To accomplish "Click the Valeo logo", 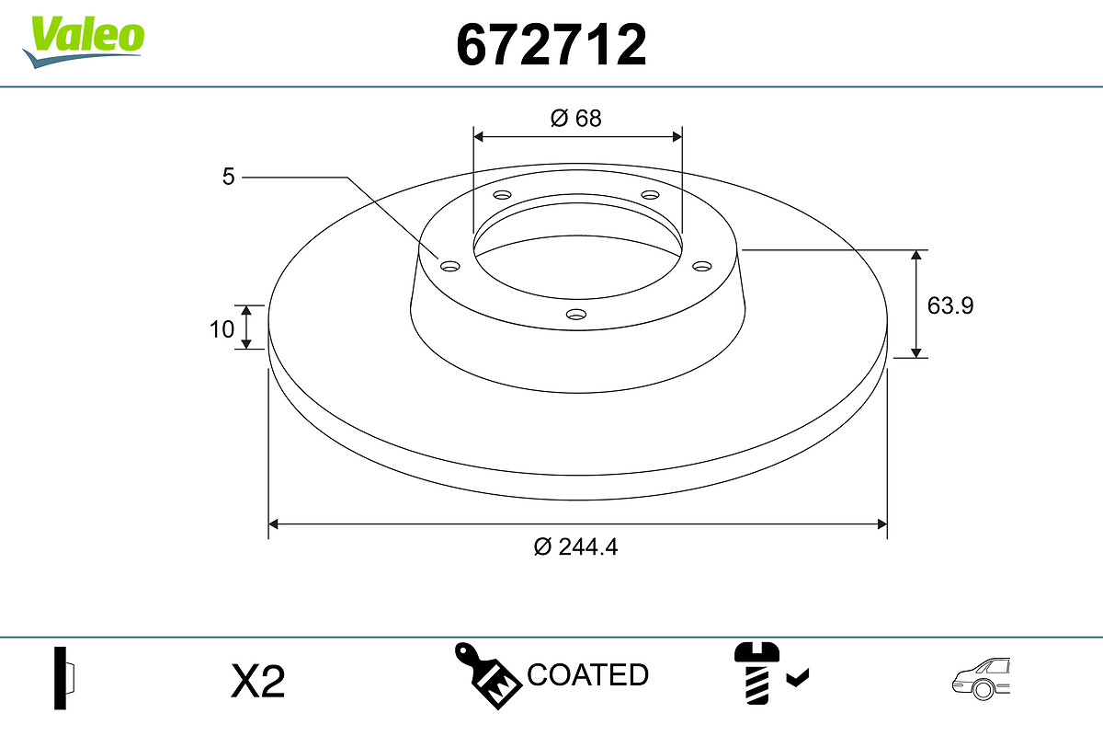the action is [84, 41].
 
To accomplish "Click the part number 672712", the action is [551, 45].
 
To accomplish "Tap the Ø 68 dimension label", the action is [576, 119].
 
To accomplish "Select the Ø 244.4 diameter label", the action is [575, 546].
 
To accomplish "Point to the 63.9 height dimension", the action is [950, 305].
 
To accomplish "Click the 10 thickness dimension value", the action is [222, 329].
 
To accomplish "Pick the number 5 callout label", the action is [229, 177].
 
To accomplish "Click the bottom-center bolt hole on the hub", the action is [576, 314].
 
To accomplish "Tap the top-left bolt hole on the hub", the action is [502, 195].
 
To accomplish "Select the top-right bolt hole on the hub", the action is [650, 195].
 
